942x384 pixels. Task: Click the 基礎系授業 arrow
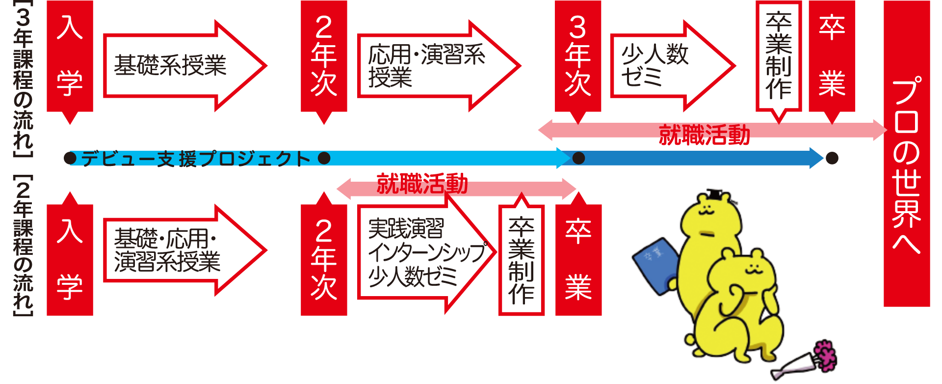point(172,65)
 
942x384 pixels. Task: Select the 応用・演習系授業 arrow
point(427,65)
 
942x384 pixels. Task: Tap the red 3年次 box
point(577,56)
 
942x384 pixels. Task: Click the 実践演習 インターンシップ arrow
point(417,253)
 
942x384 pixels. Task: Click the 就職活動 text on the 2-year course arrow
point(422,184)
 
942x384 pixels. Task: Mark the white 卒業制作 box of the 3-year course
point(779,56)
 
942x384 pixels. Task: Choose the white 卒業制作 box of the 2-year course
point(521,260)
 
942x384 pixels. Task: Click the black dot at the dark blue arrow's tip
point(832,158)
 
